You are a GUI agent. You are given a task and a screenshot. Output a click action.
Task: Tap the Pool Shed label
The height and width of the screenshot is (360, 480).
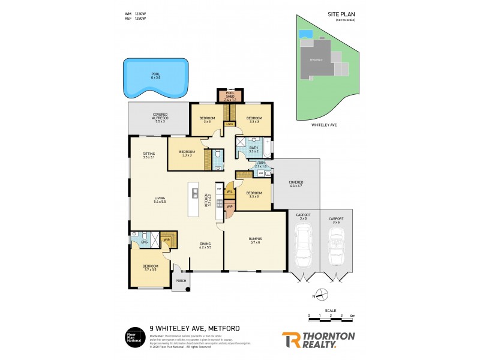pos(230,95)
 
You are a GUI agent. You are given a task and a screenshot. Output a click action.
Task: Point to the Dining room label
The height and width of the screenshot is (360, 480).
pos(206,245)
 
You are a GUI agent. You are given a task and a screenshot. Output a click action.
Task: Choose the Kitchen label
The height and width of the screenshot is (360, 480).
pos(207,200)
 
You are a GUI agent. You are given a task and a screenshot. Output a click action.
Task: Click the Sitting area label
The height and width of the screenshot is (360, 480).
pos(149,155)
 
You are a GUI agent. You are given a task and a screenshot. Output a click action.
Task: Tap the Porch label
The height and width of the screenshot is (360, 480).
pos(180,281)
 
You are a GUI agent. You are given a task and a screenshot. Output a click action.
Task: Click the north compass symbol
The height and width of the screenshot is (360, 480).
pos(323,295)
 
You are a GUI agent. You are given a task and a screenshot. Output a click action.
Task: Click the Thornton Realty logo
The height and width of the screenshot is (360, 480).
pos(318,340)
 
